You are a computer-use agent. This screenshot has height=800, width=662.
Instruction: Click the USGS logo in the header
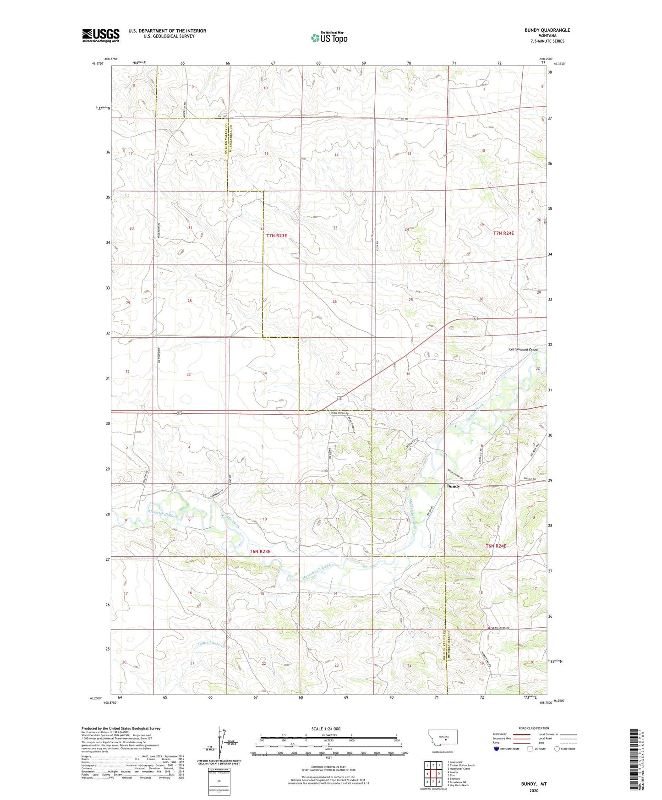(101, 35)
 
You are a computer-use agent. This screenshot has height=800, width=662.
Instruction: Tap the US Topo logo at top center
(329, 38)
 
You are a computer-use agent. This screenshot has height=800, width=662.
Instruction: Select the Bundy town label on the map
(453, 486)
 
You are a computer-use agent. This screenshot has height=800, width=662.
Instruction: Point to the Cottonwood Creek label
(523, 350)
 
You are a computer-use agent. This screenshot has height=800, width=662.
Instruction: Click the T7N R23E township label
(276, 236)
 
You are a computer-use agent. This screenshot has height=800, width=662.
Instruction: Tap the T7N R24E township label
(503, 233)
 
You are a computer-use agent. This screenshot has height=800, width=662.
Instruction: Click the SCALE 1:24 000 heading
(326, 729)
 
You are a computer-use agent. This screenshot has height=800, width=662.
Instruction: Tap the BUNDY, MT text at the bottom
(533, 784)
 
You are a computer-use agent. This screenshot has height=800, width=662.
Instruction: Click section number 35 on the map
(338, 373)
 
